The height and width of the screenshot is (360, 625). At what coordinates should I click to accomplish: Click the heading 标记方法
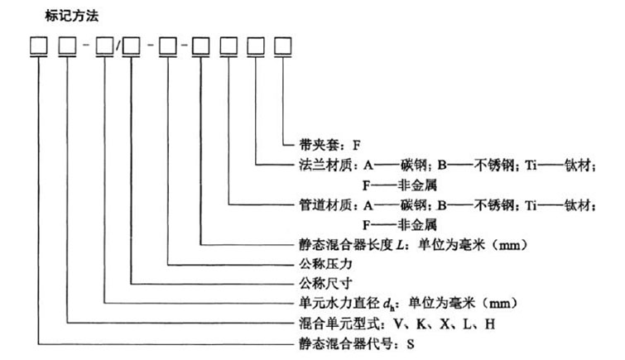coord(72,16)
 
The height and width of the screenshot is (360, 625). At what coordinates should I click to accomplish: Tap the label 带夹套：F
coord(329,145)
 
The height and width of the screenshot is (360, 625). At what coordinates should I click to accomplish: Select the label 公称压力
coord(325,264)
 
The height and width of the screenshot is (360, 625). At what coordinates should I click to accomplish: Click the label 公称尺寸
coord(325,284)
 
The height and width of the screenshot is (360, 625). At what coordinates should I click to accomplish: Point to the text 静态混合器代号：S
coord(357,343)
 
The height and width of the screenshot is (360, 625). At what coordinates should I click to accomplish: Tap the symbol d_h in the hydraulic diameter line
coord(388,305)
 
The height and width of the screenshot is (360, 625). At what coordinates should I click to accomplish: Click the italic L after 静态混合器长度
coord(400,244)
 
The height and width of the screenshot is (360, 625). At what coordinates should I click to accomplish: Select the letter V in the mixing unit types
coord(399,324)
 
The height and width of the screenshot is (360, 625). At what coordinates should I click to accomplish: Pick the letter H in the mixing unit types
coord(490,324)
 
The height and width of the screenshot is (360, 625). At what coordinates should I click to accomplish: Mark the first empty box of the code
coord(39,46)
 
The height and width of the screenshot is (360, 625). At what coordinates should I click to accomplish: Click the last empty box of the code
coord(282,46)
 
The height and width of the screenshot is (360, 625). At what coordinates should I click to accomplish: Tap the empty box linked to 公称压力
coord(168,46)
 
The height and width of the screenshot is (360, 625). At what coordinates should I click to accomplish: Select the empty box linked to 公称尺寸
coord(131,46)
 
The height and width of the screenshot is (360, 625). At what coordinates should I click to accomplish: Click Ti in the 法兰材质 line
coord(531,165)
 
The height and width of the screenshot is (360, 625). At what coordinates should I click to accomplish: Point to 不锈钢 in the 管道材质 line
coord(494,205)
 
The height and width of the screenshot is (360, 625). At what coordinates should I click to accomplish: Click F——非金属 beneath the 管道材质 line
coord(400,225)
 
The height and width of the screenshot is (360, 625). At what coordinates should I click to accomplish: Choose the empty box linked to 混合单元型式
coord(67,46)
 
